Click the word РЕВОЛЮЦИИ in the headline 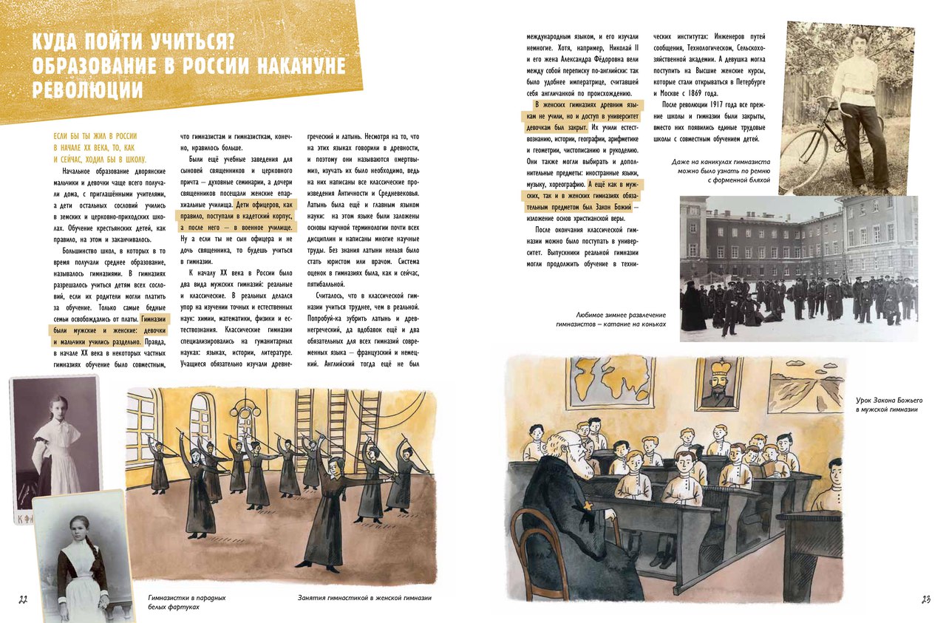pyautogui.click(x=88, y=91)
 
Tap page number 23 pyautogui.click(x=925, y=599)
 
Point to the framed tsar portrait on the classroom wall pyautogui.click(x=718, y=384)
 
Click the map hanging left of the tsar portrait pyautogui.click(x=610, y=381)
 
